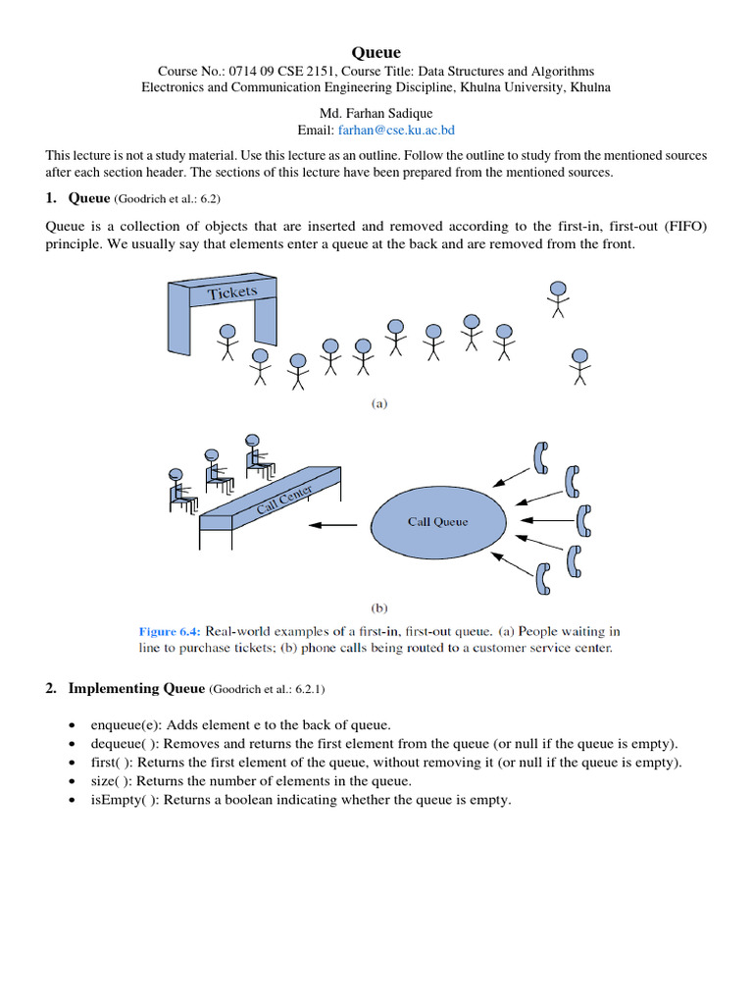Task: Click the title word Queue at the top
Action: [x=376, y=52]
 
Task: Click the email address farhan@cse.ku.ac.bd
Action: [x=396, y=130]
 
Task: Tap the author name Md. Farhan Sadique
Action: [x=376, y=113]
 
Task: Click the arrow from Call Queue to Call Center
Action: [x=333, y=525]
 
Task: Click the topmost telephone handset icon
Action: [x=539, y=456]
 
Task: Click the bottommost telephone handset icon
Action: [x=544, y=581]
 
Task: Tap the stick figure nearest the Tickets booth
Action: [x=227, y=342]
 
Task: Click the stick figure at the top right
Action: [x=558, y=298]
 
